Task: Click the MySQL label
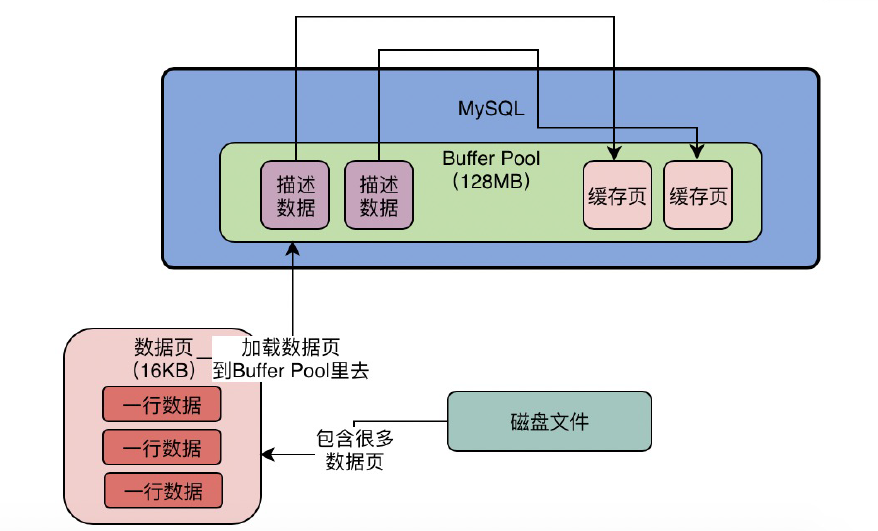491,108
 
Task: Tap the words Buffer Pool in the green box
491,159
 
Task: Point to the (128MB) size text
491,181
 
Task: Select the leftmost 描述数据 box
295,195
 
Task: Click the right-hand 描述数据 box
379,195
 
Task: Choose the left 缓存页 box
617,195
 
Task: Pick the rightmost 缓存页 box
698,195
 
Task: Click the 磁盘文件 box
549,421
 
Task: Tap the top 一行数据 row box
162,404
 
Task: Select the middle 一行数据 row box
162,447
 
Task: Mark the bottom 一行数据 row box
164,490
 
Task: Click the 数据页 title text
164,347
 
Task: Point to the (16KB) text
164,370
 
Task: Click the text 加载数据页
291,347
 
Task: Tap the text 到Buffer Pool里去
291,370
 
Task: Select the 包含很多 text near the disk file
355,439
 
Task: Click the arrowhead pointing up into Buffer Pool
293,249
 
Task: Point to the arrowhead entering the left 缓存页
614,153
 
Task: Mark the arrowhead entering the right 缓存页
697,151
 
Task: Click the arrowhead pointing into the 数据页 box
269,454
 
